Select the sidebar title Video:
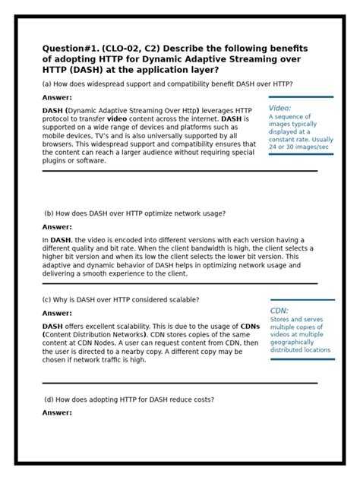[279, 108]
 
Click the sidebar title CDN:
[279, 311]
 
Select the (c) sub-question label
[47, 299]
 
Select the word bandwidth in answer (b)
[246, 248]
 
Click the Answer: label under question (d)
[57, 412]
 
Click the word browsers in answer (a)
[58, 144]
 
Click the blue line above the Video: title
[301, 97]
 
